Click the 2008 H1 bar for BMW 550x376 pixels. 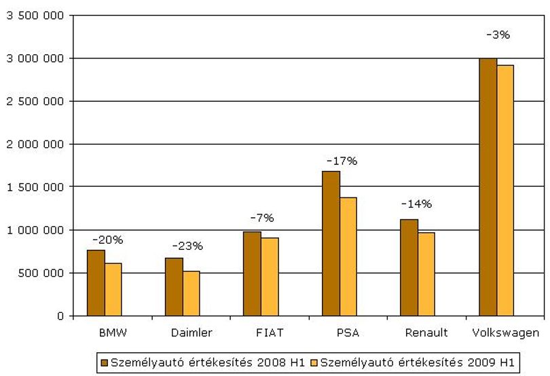[96, 283]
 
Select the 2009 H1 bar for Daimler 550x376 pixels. [191, 294]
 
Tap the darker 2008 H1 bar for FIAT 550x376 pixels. [252, 274]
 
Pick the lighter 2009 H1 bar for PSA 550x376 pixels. [348, 257]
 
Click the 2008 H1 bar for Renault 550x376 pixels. [409, 268]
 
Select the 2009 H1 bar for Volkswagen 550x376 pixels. [505, 191]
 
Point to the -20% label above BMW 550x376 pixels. [108, 240]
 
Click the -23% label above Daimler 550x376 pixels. [187, 246]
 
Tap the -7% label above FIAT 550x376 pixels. [262, 218]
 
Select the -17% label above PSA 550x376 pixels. [342, 161]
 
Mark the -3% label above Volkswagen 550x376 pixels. [498, 35]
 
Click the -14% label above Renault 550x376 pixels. [416, 204]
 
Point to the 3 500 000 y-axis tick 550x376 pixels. [35, 16]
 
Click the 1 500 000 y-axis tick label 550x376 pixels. [35, 187]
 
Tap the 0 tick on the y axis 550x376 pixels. [60, 316]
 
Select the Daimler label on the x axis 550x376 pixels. [191, 333]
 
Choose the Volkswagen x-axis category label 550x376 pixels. [506, 333]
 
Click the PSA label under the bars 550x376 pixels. [348, 333]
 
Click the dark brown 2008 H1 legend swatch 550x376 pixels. [105, 362]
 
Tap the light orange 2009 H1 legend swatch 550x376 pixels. [314, 362]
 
